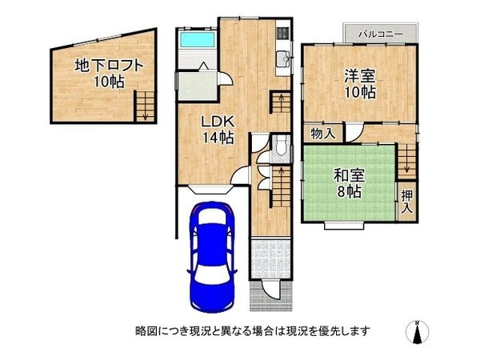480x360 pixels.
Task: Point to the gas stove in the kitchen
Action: [282, 34]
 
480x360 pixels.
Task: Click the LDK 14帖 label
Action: [217, 130]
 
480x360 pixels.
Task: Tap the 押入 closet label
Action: [407, 201]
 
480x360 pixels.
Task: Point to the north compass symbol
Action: [418, 331]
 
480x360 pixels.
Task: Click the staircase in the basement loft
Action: [144, 105]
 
